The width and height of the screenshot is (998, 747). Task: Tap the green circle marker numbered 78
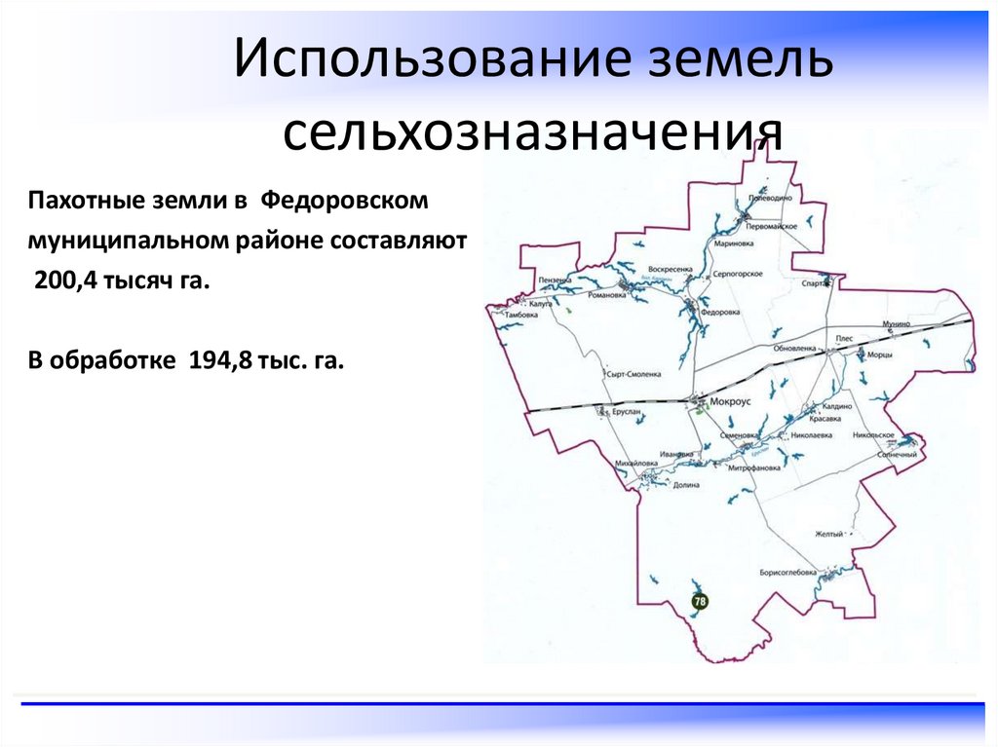point(700,602)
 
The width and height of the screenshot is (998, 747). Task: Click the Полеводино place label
point(769,198)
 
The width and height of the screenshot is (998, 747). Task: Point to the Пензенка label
point(554,280)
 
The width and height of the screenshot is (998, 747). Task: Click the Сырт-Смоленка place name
point(633,373)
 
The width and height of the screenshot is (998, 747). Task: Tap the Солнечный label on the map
point(898,455)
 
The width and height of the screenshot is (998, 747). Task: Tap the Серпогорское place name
point(736,275)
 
